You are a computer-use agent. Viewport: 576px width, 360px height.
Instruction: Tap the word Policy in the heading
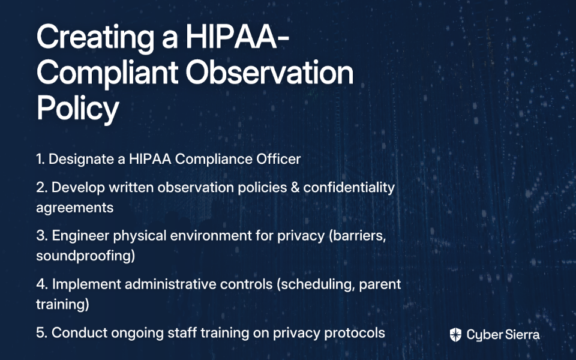click(x=77, y=108)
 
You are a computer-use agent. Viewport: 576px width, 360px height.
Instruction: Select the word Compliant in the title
click(x=107, y=73)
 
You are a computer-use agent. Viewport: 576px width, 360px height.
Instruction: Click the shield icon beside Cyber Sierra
click(x=455, y=335)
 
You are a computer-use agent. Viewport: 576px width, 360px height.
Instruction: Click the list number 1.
click(x=40, y=159)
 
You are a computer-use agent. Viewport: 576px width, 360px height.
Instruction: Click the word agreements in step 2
click(x=75, y=208)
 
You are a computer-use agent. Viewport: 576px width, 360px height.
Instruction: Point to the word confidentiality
click(x=349, y=188)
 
